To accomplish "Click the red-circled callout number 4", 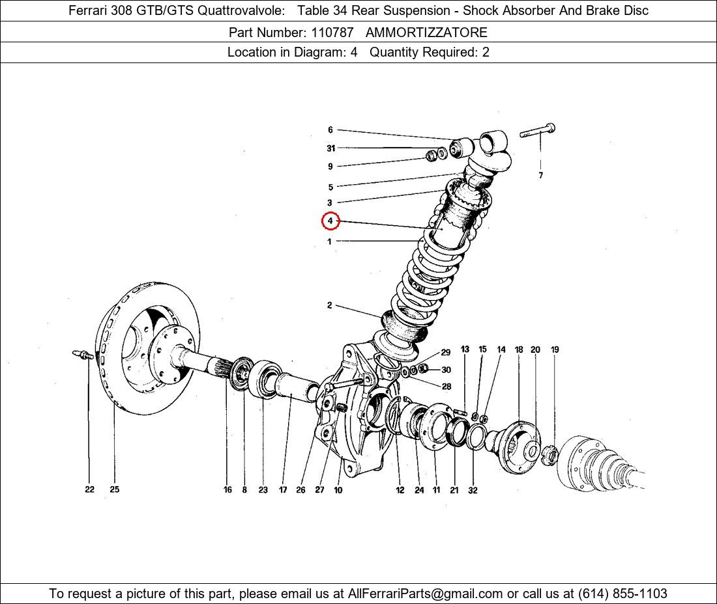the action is coord(330,221).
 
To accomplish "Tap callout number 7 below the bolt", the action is coord(540,175).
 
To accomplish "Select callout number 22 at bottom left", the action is coord(90,489).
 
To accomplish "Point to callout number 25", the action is coord(114,489).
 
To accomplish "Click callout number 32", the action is coord(473,490).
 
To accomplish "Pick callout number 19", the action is coord(555,350).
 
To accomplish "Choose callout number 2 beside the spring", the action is coord(330,305).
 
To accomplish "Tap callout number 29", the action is coord(445,353).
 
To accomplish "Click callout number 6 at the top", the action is coord(330,130).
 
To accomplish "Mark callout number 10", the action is coord(338,490).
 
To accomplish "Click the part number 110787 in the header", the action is coord(332,33).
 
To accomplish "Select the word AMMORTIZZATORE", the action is coord(427,33).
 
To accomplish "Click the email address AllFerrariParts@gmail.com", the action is coord(425,594).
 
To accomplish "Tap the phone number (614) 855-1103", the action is coord(622,594).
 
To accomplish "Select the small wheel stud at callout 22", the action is coord(83,354).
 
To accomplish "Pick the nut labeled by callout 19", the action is coord(549,455).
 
